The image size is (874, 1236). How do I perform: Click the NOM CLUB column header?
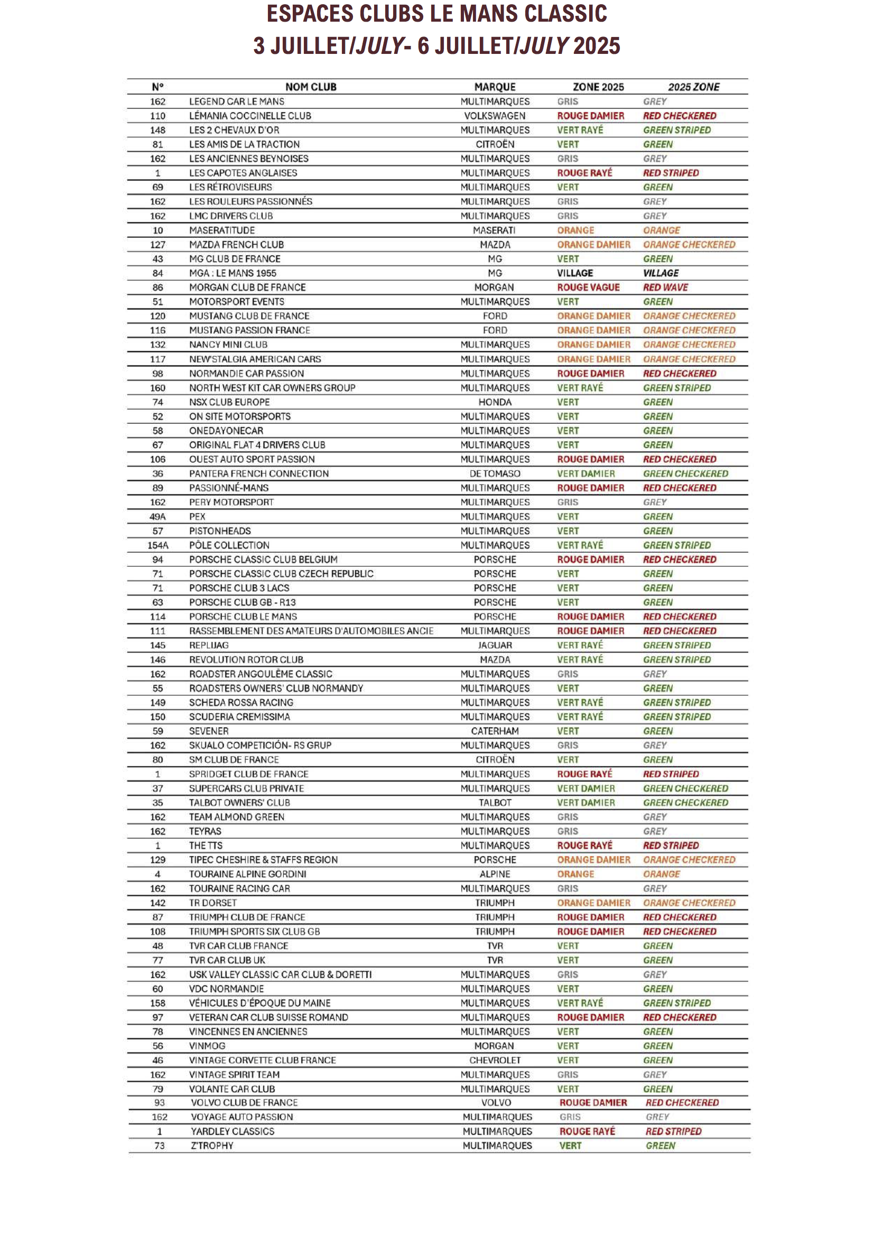coord(311,87)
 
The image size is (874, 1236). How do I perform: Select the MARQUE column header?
coord(495,87)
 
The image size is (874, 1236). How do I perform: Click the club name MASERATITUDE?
coord(222,230)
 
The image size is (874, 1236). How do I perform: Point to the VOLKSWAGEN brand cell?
coord(495,116)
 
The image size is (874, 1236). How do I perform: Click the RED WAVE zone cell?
coord(665,287)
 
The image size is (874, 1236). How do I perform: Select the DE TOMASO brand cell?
coord(495,473)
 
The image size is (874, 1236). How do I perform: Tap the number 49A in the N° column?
coord(157,517)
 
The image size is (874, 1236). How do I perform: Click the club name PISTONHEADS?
coord(220,531)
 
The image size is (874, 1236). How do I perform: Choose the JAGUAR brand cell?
coord(495,645)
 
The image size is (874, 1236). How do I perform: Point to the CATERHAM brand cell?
coord(495,731)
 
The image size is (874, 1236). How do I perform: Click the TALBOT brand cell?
coord(495,803)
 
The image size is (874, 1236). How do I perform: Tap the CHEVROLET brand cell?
coord(495,1061)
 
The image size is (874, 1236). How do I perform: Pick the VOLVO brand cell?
coord(496,1103)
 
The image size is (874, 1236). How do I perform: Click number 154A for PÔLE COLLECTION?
coord(157,545)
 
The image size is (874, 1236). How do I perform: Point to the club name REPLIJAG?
coord(209,645)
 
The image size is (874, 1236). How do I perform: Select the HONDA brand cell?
coord(495,402)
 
